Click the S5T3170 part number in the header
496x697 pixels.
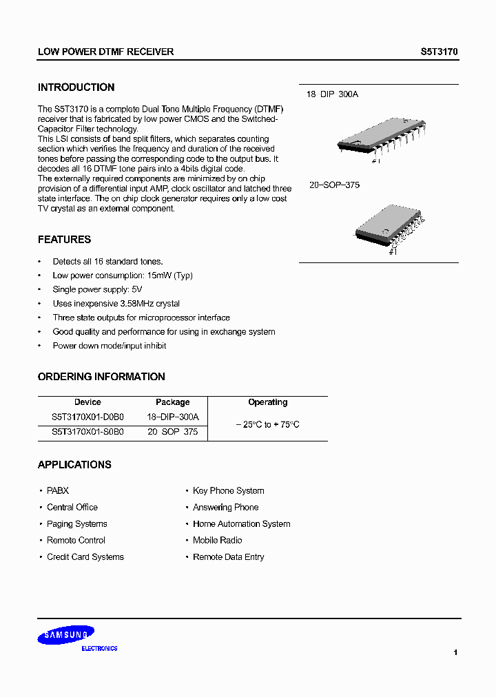click(439, 52)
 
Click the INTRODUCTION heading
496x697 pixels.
click(76, 87)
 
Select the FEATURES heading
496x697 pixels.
click(64, 240)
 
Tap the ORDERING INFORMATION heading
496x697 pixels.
click(101, 377)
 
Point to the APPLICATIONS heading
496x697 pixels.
click(74, 465)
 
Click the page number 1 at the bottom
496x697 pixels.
click(455, 652)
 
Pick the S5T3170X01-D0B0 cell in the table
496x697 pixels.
click(87, 417)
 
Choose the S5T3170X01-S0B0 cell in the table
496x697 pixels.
click(87, 432)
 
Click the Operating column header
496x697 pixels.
click(267, 402)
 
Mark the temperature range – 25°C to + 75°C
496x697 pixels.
click(267, 425)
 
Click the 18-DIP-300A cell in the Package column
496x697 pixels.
click(172, 417)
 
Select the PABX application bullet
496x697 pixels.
click(58, 491)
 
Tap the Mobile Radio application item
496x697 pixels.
click(217, 541)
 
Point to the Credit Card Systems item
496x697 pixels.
click(85, 557)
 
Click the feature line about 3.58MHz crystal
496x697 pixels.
click(116, 304)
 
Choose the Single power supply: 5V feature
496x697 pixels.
click(97, 290)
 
